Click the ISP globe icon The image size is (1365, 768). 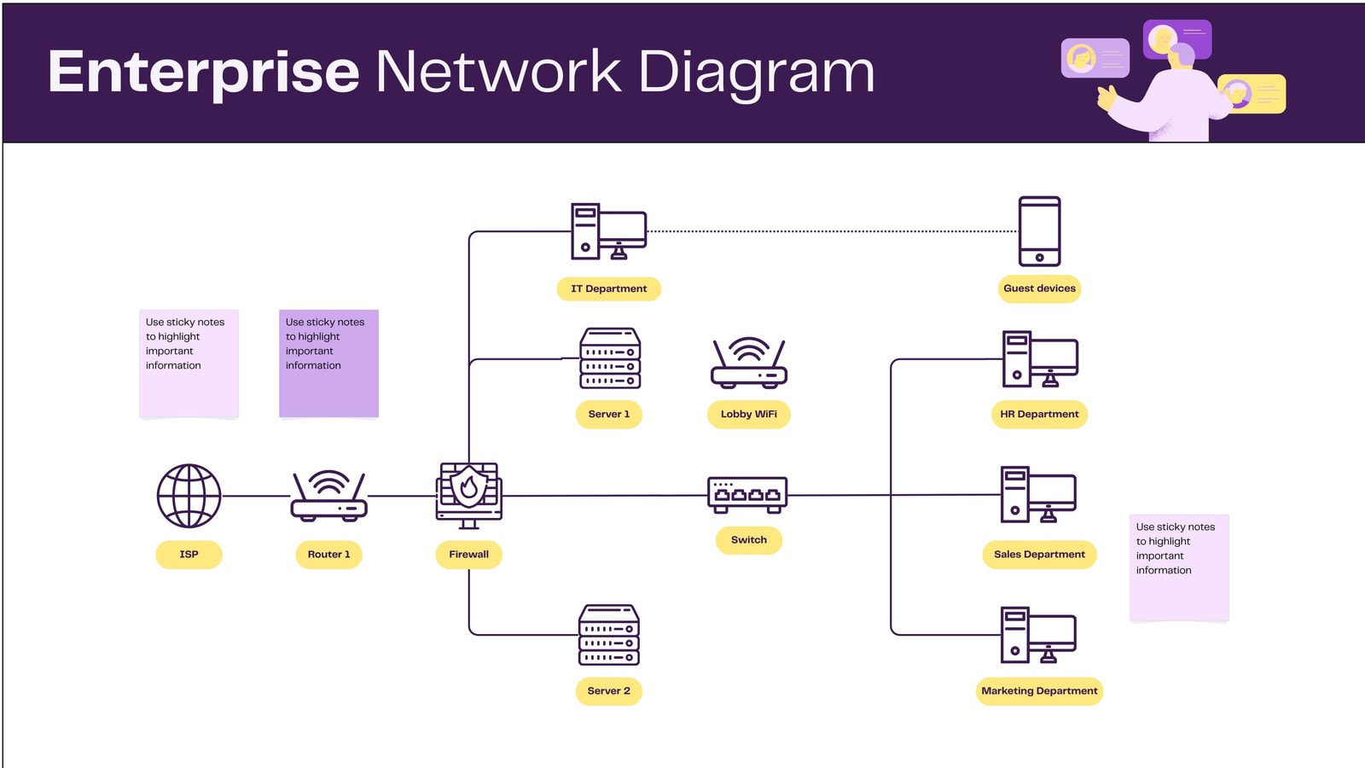tap(189, 496)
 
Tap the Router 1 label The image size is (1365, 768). tap(328, 555)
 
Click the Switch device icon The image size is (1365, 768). tap(747, 495)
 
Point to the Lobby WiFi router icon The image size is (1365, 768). tap(748, 363)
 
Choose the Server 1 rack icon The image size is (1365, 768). tap(609, 358)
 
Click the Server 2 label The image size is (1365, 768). tap(608, 691)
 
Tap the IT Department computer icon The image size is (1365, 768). tap(608, 231)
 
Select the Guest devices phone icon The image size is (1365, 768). tap(1039, 231)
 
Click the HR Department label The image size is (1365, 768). tap(1039, 415)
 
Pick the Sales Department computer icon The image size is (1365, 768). tap(1038, 495)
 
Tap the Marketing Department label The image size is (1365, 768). tap(1039, 691)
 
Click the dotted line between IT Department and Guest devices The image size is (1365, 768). tap(832, 231)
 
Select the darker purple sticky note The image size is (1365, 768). tap(328, 364)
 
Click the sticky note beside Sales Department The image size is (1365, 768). tap(1179, 567)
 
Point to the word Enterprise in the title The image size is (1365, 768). tap(203, 73)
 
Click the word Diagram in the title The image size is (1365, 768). tap(756, 73)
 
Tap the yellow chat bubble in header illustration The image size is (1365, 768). tap(1252, 94)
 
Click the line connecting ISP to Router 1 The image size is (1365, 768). tap(256, 496)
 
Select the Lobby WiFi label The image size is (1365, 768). tap(748, 415)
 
